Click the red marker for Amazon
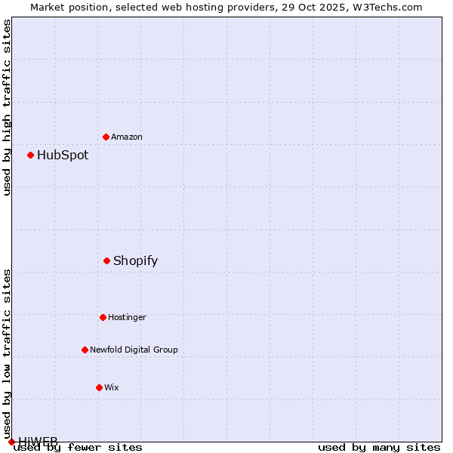click(106, 137)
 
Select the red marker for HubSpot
click(30, 155)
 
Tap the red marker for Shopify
click(106, 260)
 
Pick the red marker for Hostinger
click(103, 317)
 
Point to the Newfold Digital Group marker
click(85, 350)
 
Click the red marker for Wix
click(99, 387)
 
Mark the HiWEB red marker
click(11, 442)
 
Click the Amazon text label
click(127, 137)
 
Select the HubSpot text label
click(63, 156)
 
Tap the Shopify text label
click(135, 261)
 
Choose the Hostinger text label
click(127, 317)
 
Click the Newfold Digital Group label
click(134, 350)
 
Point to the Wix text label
click(112, 387)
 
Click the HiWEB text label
click(38, 441)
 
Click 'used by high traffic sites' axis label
click(8, 107)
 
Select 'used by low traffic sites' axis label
click(8, 353)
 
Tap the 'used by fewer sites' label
click(78, 447)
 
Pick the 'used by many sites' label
click(379, 447)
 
